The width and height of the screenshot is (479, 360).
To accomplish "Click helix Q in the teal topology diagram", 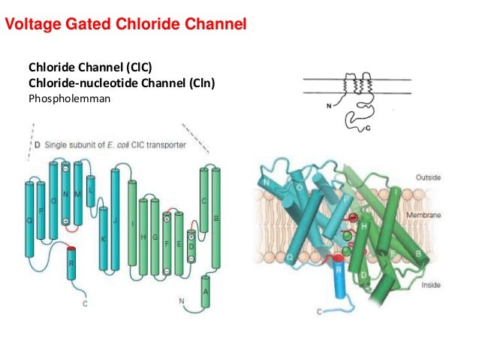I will pyautogui.click(x=30, y=220).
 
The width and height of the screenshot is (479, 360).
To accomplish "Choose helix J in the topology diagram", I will pyautogui.click(x=116, y=219).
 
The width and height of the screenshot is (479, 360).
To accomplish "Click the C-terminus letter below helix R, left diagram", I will pyautogui.click(x=85, y=304).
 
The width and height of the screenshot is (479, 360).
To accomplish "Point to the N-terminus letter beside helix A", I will pyautogui.click(x=181, y=301).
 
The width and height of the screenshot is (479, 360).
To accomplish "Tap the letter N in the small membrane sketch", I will pyautogui.click(x=328, y=106).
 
